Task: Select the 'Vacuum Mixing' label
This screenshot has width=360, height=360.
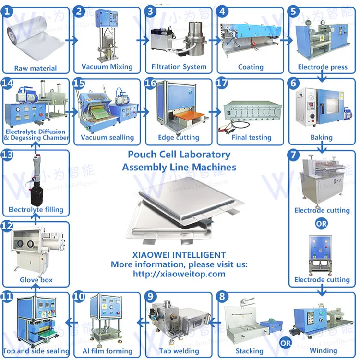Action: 107,67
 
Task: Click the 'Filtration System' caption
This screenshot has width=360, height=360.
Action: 179,67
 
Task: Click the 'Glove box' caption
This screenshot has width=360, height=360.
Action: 36,280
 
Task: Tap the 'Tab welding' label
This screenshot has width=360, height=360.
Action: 179,351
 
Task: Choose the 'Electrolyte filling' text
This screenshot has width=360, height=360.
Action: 36,210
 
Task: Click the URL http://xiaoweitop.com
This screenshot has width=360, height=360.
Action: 179,274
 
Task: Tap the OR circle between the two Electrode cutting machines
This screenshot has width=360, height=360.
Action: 322,223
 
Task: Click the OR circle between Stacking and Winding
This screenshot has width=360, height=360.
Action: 286,343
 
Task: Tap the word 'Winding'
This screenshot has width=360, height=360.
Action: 323,351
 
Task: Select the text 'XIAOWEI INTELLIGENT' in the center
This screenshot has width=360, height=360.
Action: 179,255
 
